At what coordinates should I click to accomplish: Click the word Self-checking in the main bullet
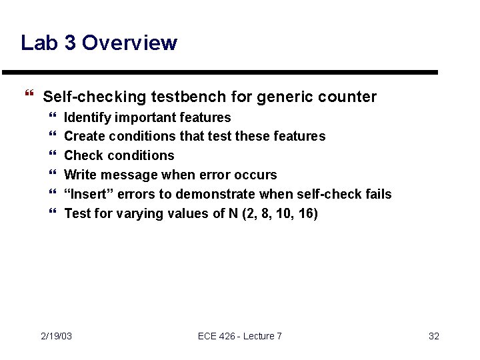tap(94, 97)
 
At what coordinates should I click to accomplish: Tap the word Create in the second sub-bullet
tap(83, 137)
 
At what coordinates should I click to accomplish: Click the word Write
tap(80, 175)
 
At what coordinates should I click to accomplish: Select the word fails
tap(378, 194)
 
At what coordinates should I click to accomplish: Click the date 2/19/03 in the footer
tap(57, 336)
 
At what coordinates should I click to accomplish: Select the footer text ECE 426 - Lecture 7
tap(240, 336)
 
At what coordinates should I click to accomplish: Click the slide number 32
tap(433, 336)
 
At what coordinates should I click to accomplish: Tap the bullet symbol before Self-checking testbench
tap(27, 97)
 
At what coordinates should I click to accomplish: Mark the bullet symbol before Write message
tap(53, 175)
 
